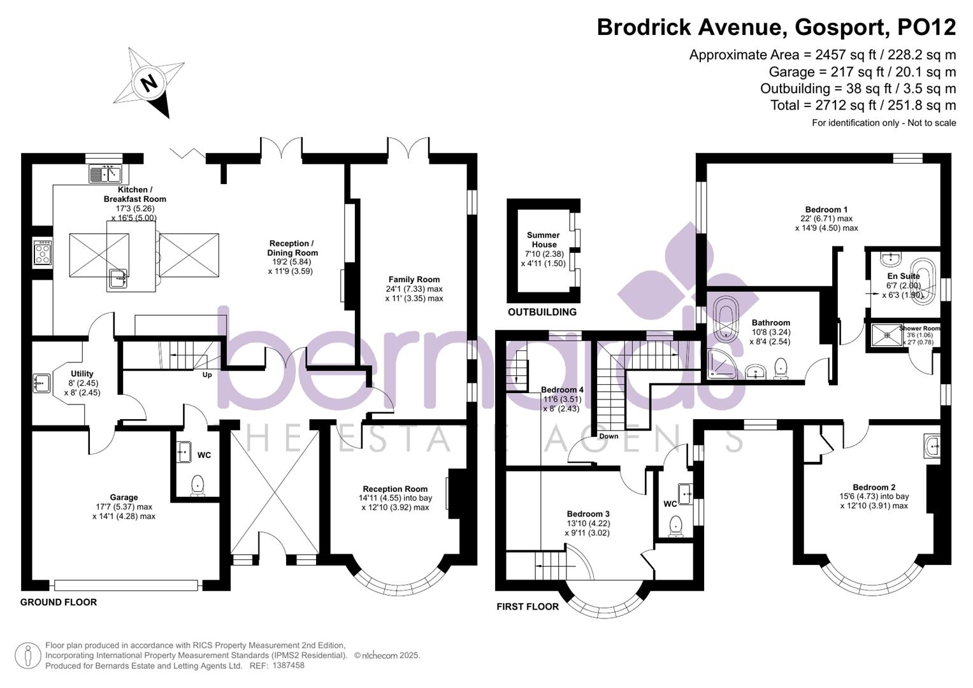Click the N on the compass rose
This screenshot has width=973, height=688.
coord(149,83)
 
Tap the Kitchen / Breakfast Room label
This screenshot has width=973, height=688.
coord(134,194)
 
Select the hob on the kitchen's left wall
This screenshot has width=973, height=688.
coord(43,252)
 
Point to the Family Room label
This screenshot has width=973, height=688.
coord(414,280)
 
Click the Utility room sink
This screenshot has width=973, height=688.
coord(42,383)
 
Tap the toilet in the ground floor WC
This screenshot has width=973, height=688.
coord(198,485)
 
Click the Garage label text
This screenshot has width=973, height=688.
coord(124,498)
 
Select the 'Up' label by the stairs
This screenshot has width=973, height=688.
coord(207,375)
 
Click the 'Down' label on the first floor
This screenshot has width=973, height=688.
coord(609,436)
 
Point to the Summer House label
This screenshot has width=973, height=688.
coord(543,240)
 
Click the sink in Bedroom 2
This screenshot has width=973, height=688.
coord(932,447)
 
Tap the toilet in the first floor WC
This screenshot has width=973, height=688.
coord(675,525)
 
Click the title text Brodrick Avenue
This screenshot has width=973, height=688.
coord(688,27)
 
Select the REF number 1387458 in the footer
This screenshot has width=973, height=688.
coord(288,666)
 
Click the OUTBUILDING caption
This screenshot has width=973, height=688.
coord(542,312)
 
